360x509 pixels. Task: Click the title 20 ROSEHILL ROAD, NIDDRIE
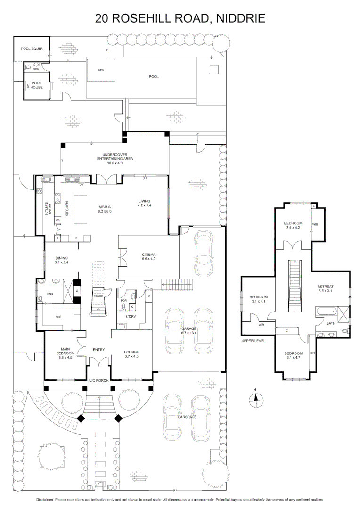[x=180, y=18]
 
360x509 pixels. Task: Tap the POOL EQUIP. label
[x=32, y=49]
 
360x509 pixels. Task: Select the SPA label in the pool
[x=100, y=70]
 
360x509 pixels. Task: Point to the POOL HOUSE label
[x=37, y=85]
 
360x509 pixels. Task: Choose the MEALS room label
[x=105, y=209]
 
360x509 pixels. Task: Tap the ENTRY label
[x=99, y=349]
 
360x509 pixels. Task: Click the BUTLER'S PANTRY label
[x=47, y=210]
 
